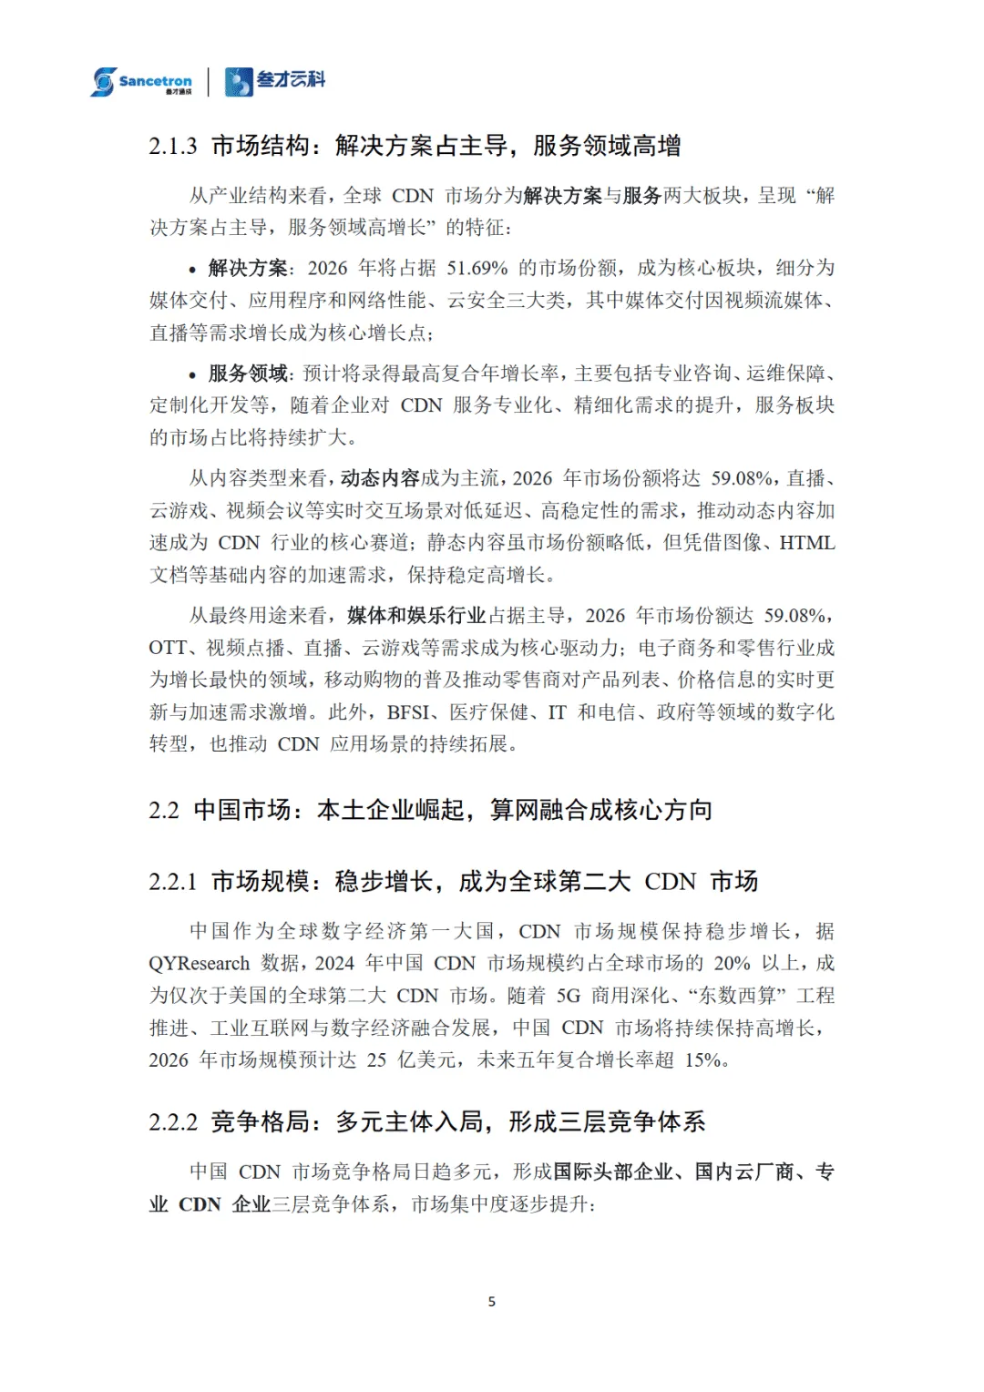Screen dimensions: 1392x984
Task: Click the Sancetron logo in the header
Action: [x=141, y=81]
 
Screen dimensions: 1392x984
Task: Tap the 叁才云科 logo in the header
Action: [x=275, y=81]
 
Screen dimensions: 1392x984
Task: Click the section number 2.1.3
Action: [x=173, y=146]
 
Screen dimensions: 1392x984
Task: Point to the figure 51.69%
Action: [x=477, y=268]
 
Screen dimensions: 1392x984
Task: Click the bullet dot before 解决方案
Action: [x=192, y=270]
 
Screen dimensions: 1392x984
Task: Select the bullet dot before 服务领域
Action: [x=192, y=375]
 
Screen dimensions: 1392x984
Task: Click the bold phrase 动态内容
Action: [x=380, y=478]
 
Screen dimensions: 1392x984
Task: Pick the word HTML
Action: [x=807, y=543]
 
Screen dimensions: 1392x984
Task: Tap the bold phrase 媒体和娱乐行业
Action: [x=416, y=616]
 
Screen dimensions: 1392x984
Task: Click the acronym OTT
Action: [x=169, y=648]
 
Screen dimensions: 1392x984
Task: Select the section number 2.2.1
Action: [x=173, y=882]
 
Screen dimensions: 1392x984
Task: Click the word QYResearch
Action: [x=200, y=964]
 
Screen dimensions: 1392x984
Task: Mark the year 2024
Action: [x=334, y=964]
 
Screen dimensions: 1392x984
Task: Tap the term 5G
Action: [x=569, y=996]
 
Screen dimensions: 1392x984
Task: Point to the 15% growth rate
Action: [x=703, y=1060]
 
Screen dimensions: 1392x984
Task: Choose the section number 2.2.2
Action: [x=173, y=1122]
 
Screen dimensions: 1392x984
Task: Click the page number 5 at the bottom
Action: [x=492, y=1302]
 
